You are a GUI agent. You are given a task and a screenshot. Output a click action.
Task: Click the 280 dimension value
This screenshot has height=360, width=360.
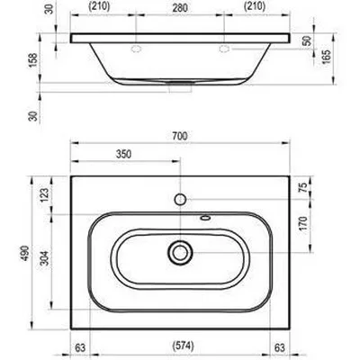180,8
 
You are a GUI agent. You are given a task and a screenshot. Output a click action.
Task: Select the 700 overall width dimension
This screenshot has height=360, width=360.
180,136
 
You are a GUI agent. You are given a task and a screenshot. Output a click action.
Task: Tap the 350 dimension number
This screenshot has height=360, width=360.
123,154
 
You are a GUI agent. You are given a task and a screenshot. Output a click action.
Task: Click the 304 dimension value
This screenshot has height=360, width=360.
44,258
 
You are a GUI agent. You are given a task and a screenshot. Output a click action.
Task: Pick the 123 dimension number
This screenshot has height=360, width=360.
44,195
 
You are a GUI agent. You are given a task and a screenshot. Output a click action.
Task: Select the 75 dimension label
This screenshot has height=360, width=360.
303,187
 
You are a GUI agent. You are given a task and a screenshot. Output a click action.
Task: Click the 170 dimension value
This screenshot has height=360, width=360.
303,223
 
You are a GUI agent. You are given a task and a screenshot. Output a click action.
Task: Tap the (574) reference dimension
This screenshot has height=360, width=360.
184,346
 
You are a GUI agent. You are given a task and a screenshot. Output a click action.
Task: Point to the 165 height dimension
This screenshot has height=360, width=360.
326,56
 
